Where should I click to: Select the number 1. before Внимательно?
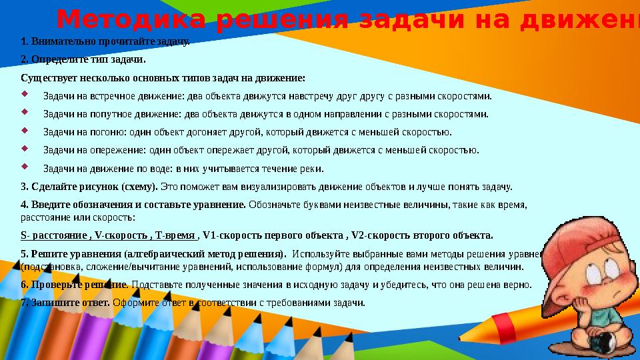pos(25,42)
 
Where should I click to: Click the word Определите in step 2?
pos(61,59)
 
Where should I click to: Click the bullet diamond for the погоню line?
pos(25,130)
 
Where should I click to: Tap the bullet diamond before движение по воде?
pos(25,166)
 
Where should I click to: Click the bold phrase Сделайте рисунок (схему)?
pos(90,186)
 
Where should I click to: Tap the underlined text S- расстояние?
pos(54,235)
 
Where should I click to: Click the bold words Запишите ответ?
pos(66,302)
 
